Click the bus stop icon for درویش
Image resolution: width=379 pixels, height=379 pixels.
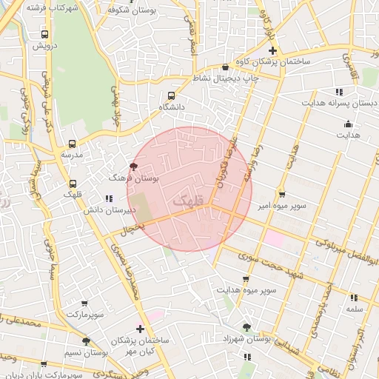click(45, 34)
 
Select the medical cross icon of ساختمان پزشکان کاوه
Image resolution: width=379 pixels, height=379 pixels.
click(272, 51)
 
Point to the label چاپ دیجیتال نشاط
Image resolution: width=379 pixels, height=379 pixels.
click(230, 78)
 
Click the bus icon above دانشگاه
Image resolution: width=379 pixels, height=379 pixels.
click(172, 95)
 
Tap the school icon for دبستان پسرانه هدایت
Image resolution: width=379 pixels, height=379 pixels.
click(339, 92)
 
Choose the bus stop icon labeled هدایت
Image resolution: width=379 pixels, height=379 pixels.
click(349, 124)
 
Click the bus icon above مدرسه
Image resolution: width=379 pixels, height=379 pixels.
click(72, 144)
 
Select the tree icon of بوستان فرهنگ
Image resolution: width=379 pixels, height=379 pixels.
click(133, 167)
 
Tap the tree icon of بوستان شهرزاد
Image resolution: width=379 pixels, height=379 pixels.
click(246, 326)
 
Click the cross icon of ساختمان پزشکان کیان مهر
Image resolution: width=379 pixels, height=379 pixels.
click(140, 328)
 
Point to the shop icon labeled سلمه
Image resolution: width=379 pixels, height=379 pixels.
click(353, 298)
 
